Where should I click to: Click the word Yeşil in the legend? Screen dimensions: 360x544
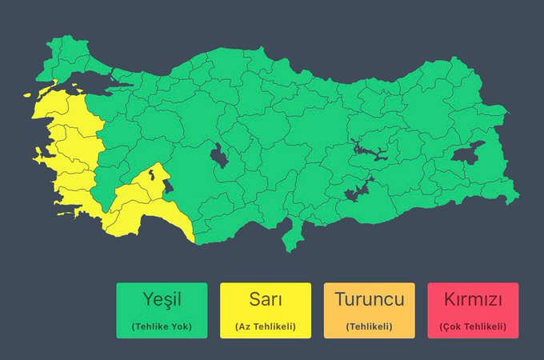pos(162,301)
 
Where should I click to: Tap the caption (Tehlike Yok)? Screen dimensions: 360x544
pos(162,326)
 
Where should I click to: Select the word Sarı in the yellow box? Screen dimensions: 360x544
pos(265,301)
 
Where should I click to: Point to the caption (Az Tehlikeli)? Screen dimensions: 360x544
pos(265,326)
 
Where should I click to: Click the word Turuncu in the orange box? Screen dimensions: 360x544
pos(369,301)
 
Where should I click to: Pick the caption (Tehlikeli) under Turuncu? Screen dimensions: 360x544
pos(369,326)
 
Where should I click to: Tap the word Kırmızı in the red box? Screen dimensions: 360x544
pos(473,301)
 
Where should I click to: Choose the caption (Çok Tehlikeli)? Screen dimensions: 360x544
pos(473,326)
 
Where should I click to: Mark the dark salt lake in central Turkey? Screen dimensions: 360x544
pos(219,154)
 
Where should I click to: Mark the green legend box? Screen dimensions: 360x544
pos(162,310)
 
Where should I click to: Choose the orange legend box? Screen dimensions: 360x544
pos(369,310)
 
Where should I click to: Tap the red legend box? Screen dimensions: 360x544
pos(473,310)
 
